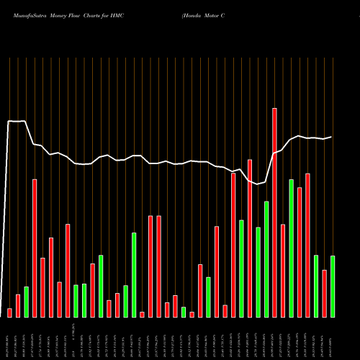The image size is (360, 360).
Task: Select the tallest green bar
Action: [291, 248]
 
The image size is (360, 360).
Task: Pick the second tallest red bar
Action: [250, 238]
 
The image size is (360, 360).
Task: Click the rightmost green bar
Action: [333, 287]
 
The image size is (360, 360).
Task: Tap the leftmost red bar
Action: [9, 312]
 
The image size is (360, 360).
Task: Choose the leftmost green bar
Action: [26, 302]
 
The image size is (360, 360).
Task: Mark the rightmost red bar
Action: [324, 294]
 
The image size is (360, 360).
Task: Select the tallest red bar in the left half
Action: [35, 248]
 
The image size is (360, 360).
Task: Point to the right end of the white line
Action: [331, 137]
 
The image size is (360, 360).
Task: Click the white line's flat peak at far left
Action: [17, 122]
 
